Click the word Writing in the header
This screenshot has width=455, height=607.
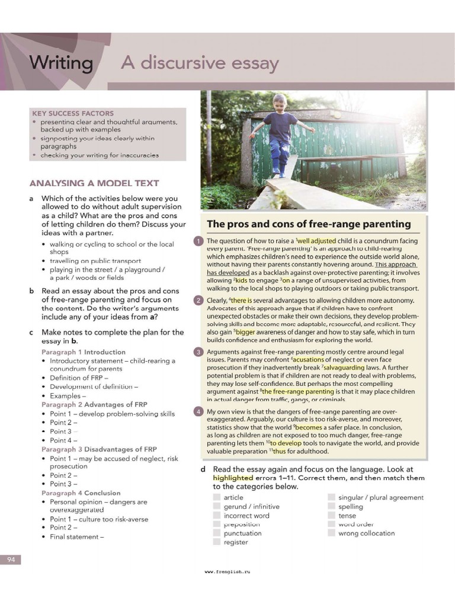[x=61, y=63]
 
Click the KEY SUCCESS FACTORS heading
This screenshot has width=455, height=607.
[x=72, y=113]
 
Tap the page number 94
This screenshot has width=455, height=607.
[x=11, y=560]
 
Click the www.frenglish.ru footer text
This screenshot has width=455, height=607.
[x=227, y=572]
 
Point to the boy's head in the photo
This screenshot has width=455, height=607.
[x=280, y=102]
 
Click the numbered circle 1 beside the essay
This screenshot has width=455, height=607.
[x=198, y=241]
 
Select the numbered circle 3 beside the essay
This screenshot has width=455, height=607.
[x=198, y=352]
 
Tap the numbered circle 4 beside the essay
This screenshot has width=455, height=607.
[x=198, y=412]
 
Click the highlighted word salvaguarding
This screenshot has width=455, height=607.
[x=344, y=368]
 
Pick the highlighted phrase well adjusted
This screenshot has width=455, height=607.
[x=316, y=241]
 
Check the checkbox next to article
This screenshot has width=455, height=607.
[x=217, y=498]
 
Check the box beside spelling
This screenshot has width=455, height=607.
[x=331, y=507]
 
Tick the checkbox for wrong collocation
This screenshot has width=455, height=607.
[x=331, y=533]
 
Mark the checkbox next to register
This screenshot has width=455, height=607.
[x=217, y=542]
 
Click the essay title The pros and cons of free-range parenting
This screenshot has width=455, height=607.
[x=308, y=224]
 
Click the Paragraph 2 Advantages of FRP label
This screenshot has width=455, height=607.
[x=86, y=405]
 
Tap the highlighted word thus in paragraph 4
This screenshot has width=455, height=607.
[x=279, y=451]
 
